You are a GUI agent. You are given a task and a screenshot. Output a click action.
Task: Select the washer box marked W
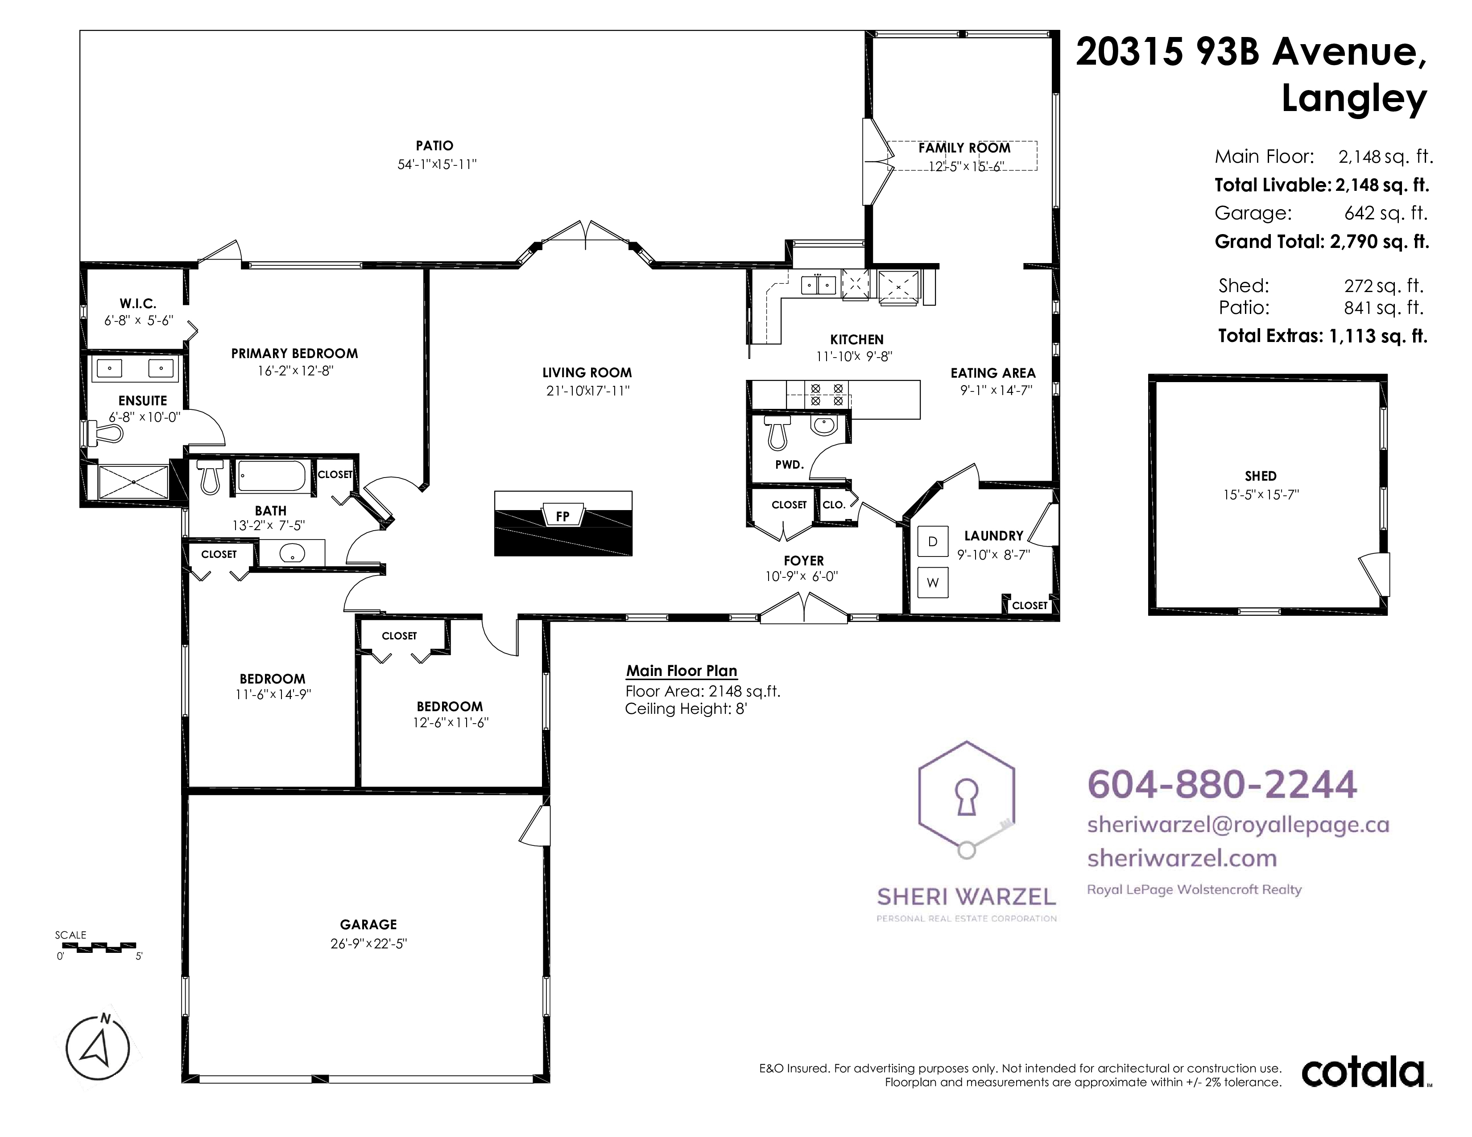(x=933, y=583)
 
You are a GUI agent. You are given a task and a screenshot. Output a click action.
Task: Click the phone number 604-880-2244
(x=1222, y=785)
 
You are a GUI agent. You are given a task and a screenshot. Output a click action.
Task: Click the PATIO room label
(x=435, y=145)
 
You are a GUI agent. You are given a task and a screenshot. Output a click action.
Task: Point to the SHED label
(x=1261, y=476)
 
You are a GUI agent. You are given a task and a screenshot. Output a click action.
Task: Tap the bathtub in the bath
(x=273, y=476)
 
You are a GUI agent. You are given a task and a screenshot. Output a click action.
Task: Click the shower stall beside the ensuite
(x=133, y=482)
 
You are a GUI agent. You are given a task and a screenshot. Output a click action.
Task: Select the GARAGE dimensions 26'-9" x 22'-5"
(x=369, y=943)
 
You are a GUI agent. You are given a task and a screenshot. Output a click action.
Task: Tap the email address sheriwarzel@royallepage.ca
(x=1238, y=825)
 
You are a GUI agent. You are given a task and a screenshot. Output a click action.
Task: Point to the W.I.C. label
(x=138, y=304)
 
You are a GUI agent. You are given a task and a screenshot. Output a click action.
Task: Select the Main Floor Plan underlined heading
(x=682, y=671)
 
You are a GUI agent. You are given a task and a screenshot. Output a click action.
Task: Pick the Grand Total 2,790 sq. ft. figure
(x=1379, y=241)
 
